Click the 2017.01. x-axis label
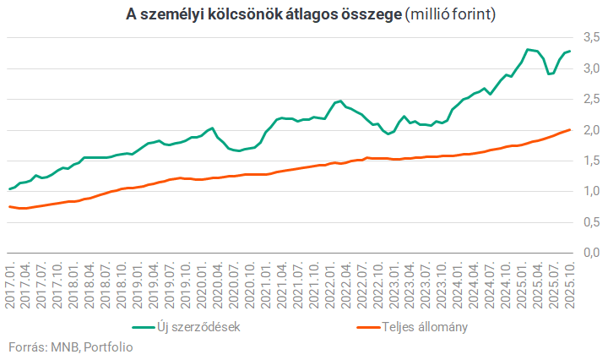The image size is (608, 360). pyautogui.click(x=11, y=284)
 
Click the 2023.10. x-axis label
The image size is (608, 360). pyautogui.click(x=441, y=284)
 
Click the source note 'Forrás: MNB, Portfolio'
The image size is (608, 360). pyautogui.click(x=70, y=346)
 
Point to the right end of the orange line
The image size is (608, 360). pyautogui.click(x=569, y=129)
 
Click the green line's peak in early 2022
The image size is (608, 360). pyautogui.click(x=339, y=101)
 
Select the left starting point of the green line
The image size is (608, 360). pyautogui.click(x=9, y=189)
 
